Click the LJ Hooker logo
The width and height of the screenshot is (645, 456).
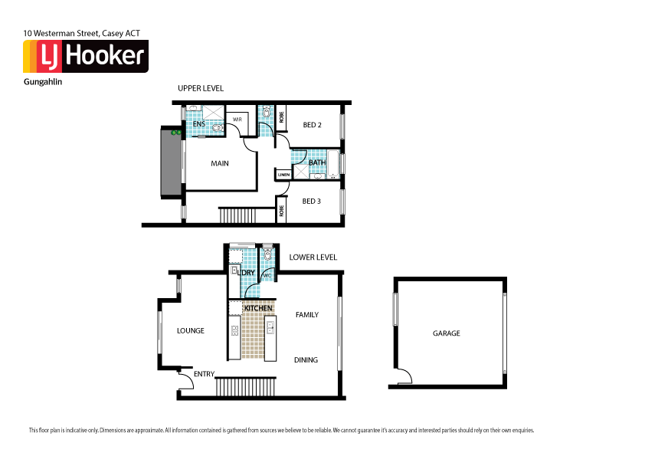(85, 57)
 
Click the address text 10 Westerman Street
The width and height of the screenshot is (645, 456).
(81, 34)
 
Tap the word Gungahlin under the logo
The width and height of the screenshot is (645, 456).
(43, 81)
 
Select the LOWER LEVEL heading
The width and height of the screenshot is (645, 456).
(313, 258)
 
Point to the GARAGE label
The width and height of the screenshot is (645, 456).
(447, 333)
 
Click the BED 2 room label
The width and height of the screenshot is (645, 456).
(312, 125)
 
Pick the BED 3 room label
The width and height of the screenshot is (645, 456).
(312, 202)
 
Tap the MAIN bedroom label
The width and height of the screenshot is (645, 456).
(220, 163)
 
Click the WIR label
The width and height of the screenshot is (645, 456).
(237, 119)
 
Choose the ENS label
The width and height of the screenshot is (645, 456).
(198, 124)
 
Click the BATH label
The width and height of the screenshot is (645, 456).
(317, 162)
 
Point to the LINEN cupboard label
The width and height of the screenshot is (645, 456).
(283, 176)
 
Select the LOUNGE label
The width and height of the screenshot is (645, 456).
(191, 331)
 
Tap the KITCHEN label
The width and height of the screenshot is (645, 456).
(258, 308)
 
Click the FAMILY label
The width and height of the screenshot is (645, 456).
(306, 315)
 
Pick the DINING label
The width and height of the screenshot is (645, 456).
(306, 360)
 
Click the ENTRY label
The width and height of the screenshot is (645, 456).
(204, 374)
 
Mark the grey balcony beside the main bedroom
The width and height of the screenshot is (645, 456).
(169, 163)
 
